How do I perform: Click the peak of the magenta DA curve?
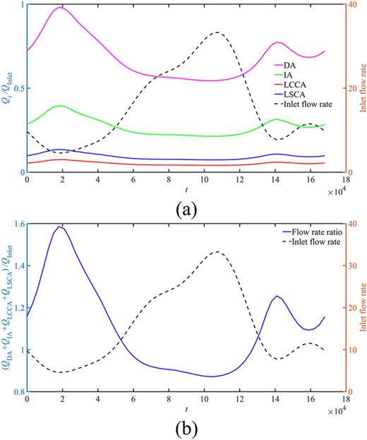pos(60,8)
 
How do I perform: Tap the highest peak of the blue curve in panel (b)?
pos(60,226)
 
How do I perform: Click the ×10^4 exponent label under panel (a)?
pos(339,191)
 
